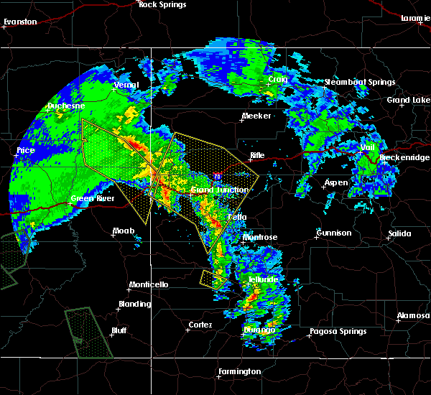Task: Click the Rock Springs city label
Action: pos(162,5)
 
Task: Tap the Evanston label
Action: pos(19,22)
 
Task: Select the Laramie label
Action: pos(415,17)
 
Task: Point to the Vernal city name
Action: pos(126,85)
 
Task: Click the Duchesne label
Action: pos(62,106)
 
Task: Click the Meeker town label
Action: pos(256,116)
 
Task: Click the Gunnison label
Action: pos(334,233)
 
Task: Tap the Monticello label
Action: pos(149,285)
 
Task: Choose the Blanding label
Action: pos(135,304)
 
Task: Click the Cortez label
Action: pos(200,325)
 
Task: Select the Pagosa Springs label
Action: pos(338,332)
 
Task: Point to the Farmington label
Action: pos(241,371)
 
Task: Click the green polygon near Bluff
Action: pos(90,332)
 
